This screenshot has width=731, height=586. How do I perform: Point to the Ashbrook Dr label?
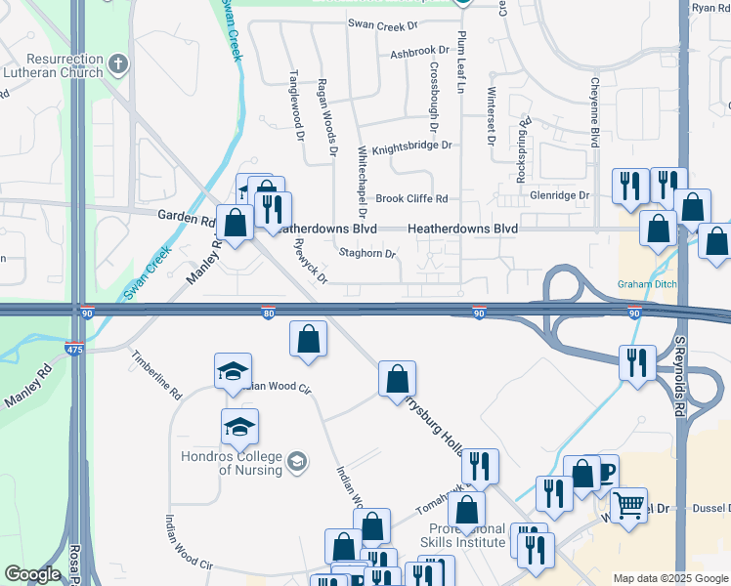(420, 51)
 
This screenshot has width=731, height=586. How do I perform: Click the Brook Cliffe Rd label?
(411, 198)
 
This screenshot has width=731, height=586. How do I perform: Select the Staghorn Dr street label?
(367, 254)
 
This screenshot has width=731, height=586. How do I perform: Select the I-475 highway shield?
(73, 348)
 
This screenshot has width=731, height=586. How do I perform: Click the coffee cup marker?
(606, 470)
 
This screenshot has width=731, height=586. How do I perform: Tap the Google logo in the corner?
(32, 574)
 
